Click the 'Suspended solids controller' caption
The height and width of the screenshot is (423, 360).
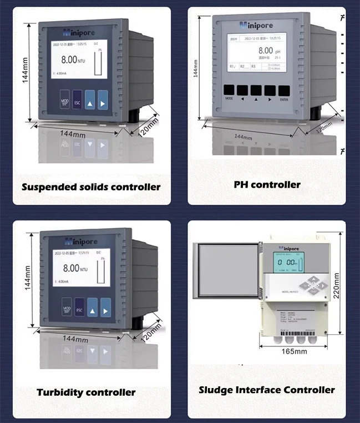click(91, 187)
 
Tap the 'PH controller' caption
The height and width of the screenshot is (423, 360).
click(267, 184)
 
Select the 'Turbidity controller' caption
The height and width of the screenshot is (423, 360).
click(86, 392)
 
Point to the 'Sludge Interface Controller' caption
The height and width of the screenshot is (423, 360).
click(267, 390)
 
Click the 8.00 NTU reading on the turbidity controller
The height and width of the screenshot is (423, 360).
click(75, 268)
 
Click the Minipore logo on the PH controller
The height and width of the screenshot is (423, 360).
click(258, 25)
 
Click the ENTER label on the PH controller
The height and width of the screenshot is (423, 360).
click(284, 100)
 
